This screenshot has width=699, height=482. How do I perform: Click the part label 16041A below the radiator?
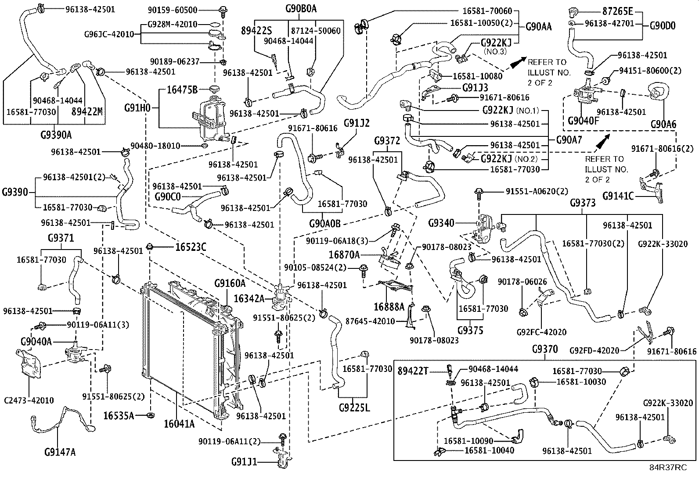(x=179, y=424)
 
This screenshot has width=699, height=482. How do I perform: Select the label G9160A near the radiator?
(x=230, y=284)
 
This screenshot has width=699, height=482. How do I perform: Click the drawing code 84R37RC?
(x=668, y=468)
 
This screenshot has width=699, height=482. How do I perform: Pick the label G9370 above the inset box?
(x=544, y=350)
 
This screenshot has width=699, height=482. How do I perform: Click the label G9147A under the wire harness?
(x=60, y=451)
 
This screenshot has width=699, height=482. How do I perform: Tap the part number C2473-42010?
(x=29, y=400)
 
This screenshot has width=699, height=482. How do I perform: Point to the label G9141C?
(x=618, y=196)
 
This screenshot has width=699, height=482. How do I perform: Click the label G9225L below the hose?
(x=354, y=407)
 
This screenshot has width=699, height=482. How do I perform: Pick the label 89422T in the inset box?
(x=413, y=371)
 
